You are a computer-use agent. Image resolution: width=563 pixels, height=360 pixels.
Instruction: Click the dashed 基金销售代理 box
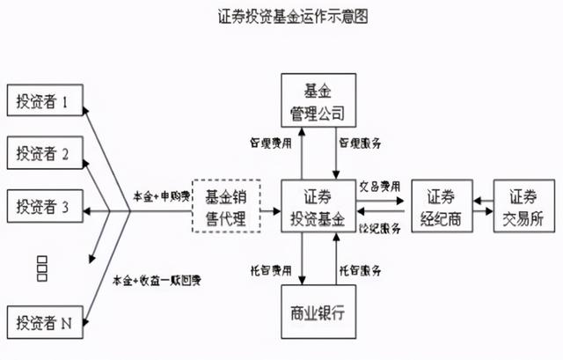(x=226, y=206)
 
